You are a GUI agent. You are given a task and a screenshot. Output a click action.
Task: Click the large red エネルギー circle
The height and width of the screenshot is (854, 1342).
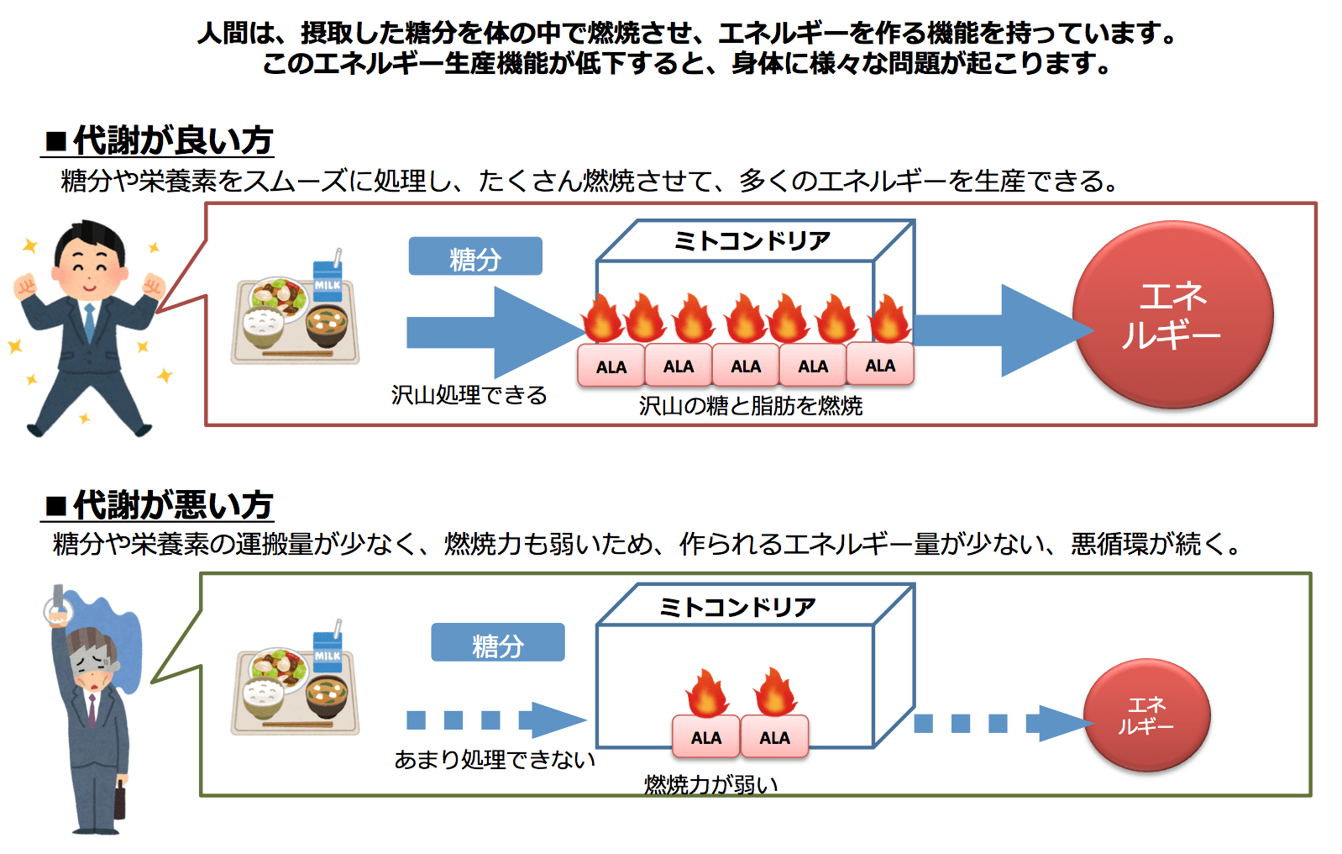1172,314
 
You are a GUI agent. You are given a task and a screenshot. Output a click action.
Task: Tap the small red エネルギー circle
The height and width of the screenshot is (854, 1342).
1146,715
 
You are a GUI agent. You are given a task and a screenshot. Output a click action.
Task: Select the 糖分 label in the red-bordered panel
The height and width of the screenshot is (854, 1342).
475,256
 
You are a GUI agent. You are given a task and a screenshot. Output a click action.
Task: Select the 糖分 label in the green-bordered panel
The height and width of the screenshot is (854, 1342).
497,643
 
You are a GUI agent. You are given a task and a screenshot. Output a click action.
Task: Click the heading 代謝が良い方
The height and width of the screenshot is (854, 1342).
172,140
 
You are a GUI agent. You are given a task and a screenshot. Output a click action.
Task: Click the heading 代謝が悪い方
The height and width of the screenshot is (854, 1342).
172,505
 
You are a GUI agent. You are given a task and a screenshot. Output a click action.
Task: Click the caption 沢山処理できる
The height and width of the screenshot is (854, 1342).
469,395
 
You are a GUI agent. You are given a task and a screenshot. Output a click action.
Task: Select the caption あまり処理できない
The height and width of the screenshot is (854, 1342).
495,760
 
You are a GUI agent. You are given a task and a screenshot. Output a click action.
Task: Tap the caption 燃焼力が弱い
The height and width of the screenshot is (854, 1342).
710,784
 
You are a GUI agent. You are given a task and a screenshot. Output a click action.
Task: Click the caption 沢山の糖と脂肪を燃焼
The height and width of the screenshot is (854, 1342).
750,406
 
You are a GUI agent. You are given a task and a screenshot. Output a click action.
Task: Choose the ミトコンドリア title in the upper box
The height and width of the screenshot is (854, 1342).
752,241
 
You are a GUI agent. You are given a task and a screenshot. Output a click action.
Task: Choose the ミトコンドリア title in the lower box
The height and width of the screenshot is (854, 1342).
737,606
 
